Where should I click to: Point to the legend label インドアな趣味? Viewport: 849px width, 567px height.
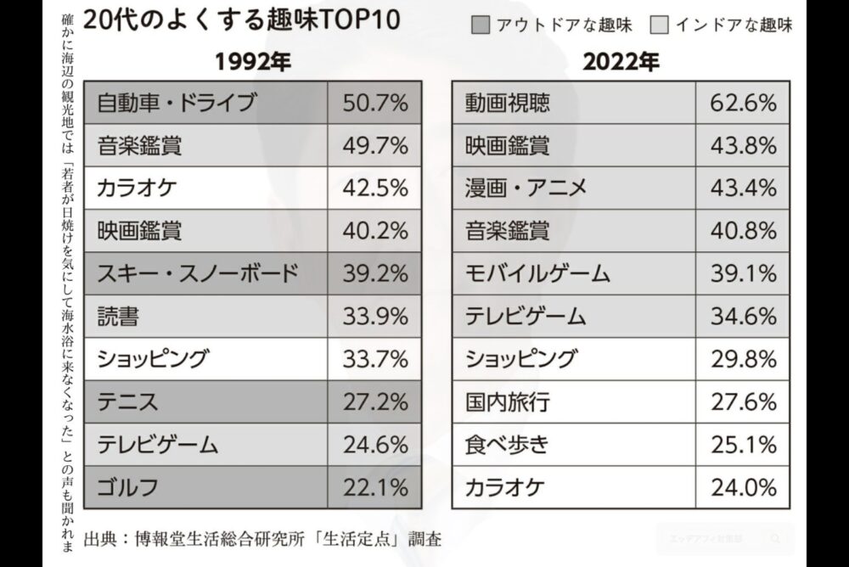point(734,25)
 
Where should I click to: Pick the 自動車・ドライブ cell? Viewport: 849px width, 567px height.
point(177,103)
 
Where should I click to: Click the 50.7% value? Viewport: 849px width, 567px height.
point(375,103)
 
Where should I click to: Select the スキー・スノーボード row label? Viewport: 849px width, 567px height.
point(197,273)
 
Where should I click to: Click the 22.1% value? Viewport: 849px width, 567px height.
point(375,487)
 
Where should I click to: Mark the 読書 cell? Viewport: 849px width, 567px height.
point(119,317)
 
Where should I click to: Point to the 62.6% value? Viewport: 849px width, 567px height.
point(743,103)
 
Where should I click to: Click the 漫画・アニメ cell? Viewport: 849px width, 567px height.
point(526,188)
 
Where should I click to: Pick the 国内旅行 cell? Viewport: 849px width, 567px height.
point(507,401)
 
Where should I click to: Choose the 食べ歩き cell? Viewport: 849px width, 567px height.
point(507,444)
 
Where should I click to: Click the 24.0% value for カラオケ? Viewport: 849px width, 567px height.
point(743,487)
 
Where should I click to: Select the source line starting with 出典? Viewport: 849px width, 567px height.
point(263,538)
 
